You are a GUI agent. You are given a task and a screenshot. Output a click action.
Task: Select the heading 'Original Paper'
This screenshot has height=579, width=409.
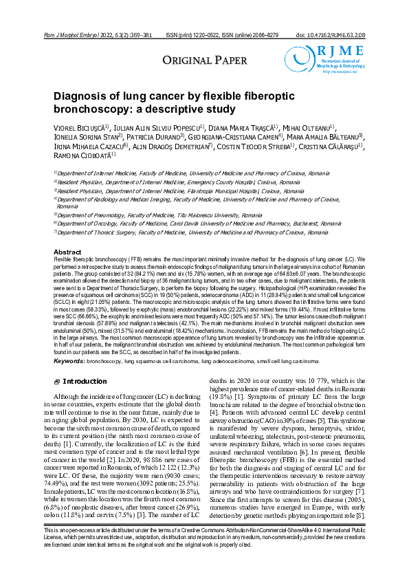[204, 61]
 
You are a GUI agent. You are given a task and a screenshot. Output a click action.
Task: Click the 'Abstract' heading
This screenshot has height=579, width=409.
[67, 252]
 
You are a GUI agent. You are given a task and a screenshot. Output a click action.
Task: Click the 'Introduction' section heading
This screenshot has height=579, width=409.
[85, 381]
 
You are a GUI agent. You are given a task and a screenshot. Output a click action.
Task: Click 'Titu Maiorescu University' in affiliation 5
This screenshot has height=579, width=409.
[206, 215]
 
